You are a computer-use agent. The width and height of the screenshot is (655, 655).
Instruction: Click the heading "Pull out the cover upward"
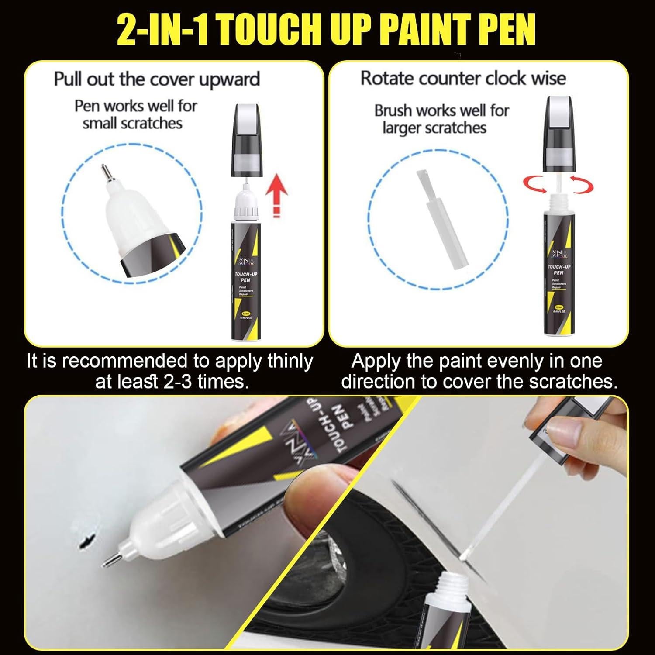[157, 79]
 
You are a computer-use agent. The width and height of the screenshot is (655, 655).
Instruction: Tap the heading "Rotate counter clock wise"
[463, 78]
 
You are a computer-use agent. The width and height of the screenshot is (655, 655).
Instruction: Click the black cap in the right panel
[560, 135]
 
